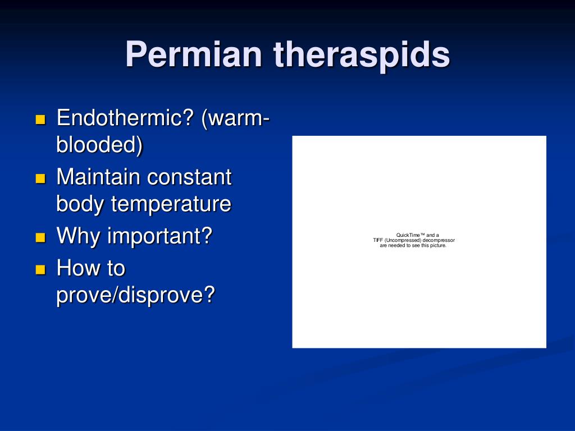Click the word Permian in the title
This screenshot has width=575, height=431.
(194, 54)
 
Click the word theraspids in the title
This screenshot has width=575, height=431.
(362, 54)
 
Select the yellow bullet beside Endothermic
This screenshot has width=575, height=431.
(40, 120)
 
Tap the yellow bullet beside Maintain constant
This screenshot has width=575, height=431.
(40, 178)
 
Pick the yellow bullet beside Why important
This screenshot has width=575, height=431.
(40, 237)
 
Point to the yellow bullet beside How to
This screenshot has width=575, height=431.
(40, 270)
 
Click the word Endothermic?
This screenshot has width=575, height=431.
(125, 118)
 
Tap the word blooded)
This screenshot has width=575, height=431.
(99, 144)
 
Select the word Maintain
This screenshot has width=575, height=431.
(98, 177)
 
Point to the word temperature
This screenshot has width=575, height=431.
(171, 204)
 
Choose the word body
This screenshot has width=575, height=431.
(80, 204)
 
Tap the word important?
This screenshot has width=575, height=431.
(160, 236)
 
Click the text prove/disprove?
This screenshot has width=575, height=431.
(136, 294)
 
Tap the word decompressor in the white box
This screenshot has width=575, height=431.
(439, 240)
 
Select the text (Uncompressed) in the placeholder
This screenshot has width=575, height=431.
(403, 240)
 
